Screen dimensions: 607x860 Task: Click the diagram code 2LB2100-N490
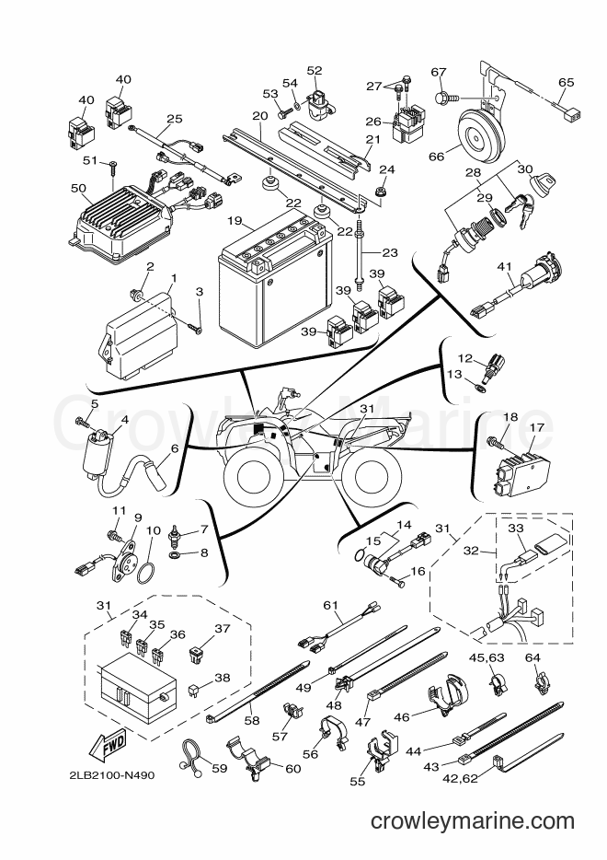[112, 775]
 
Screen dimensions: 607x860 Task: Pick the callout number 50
[79, 188]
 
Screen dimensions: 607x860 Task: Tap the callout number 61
[330, 605]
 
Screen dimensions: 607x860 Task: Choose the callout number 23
[390, 253]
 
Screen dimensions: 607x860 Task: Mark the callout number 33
[516, 529]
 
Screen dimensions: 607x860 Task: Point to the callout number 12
[465, 359]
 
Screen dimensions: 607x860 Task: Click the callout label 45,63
[488, 657]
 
